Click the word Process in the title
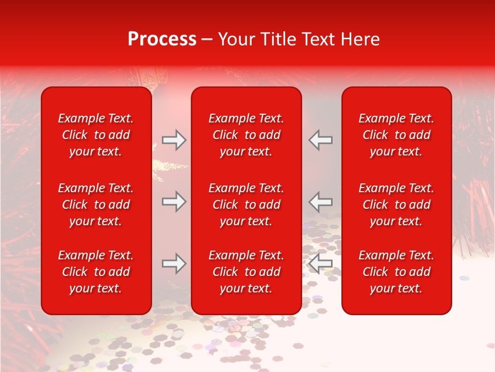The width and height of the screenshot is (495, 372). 162,39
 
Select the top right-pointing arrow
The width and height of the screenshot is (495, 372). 174,140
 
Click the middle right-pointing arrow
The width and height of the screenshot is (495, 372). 174,202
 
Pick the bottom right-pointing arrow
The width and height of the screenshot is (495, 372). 174,263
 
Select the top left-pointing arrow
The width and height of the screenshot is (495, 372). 320,140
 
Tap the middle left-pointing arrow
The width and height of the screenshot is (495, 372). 320,202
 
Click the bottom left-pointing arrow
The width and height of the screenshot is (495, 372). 320,263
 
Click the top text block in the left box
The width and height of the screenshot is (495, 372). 96,135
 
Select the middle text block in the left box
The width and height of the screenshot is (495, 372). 96,205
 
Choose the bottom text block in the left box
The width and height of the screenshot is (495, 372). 96,272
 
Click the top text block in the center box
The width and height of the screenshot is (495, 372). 246,135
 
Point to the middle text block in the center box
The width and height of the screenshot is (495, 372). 246,205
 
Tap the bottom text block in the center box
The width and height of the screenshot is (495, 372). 246,272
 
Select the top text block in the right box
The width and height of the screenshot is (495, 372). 396,135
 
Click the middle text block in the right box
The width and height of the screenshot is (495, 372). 396,205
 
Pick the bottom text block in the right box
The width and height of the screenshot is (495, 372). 396,272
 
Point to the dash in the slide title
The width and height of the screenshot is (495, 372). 207,40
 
